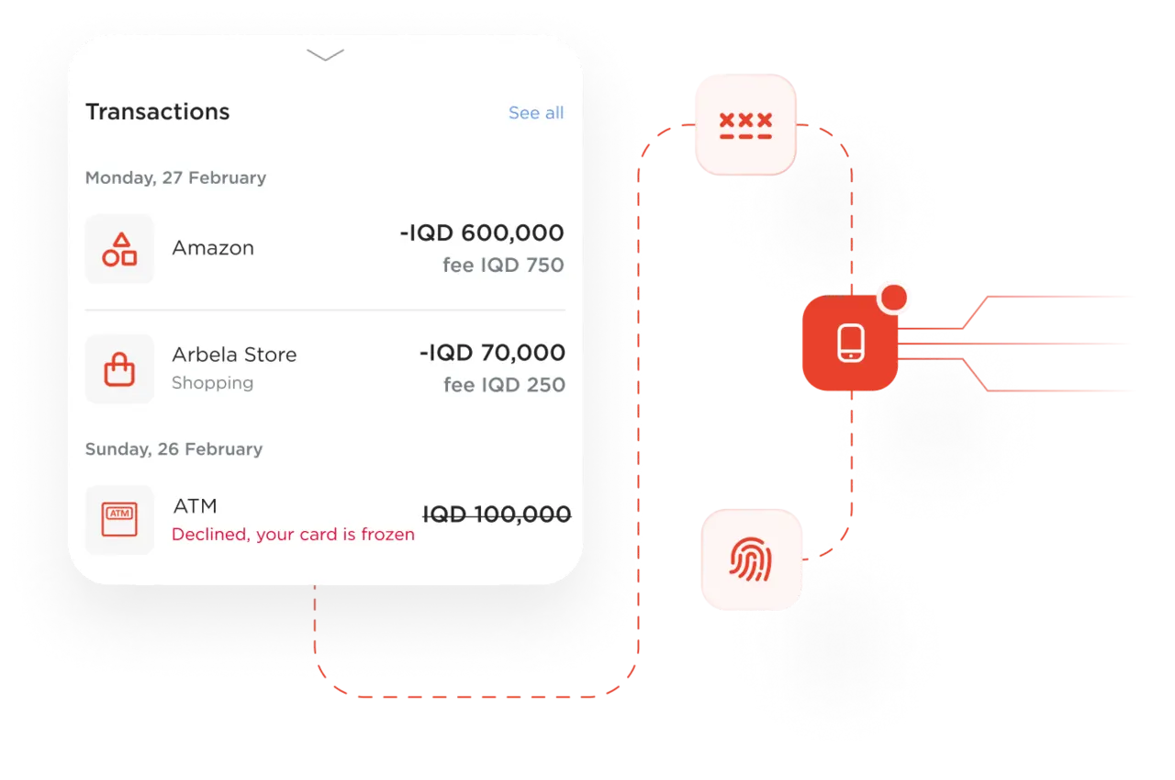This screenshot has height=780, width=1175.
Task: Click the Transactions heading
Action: [x=157, y=112]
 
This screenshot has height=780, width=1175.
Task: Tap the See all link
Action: [x=536, y=113]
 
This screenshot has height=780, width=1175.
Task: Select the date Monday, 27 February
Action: [x=175, y=177]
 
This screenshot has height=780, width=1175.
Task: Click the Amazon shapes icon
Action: [x=119, y=249]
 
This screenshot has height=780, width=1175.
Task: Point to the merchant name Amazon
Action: [x=213, y=248]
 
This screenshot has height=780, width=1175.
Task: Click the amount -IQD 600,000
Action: [x=482, y=233]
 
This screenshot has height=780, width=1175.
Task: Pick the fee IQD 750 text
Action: [x=503, y=266]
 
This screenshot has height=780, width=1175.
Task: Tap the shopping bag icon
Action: [x=119, y=369]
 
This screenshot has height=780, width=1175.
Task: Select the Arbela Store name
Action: [x=234, y=355]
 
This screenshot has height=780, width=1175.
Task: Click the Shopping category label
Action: [x=212, y=383]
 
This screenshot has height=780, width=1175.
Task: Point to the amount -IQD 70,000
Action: [x=492, y=353]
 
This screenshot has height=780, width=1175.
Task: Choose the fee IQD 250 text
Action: [x=504, y=385]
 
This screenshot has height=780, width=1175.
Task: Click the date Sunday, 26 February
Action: [x=173, y=449]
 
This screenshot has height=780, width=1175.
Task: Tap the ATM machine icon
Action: [x=119, y=520]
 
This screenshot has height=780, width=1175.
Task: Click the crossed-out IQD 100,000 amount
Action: [x=497, y=514]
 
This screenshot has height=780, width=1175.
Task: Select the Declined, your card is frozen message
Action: [x=293, y=535]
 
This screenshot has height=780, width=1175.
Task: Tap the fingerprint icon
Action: [x=751, y=560]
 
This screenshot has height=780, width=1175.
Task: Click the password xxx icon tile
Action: [x=744, y=124]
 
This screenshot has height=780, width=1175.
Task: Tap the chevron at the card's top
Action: [x=325, y=56]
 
